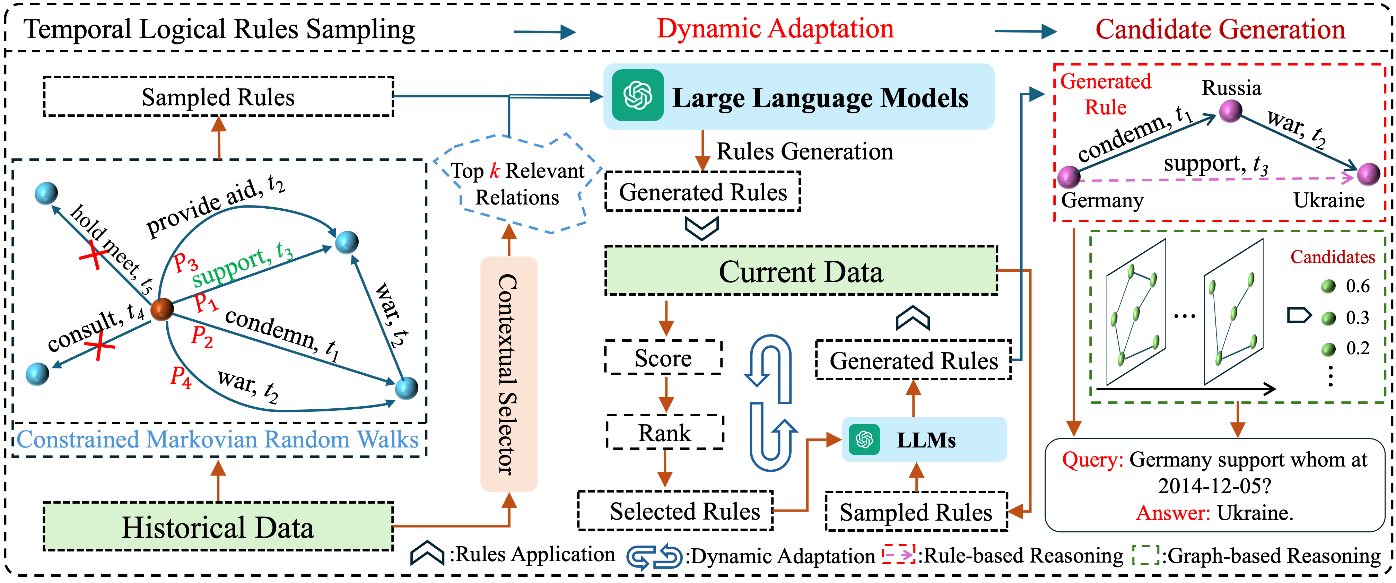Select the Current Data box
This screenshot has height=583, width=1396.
[801, 271]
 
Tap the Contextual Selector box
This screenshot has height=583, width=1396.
[508, 374]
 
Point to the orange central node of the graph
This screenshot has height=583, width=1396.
[162, 310]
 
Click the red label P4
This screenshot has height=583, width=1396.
[181, 376]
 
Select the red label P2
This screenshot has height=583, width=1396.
[202, 337]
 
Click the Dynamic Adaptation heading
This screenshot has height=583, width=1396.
[775, 28]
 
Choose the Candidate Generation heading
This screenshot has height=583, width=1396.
[1220, 29]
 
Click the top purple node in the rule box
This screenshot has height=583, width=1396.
[1230, 111]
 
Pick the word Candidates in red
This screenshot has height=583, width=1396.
[1332, 257]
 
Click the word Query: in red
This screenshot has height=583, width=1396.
[1092, 460]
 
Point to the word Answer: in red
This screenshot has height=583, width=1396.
[1173, 513]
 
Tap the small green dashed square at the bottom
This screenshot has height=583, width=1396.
[1146, 554]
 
